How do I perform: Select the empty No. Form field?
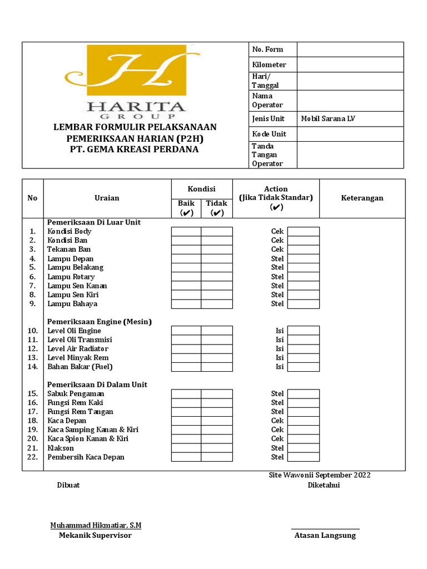tap(350, 49)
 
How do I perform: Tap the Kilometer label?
tap(269, 65)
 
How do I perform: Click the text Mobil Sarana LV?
tap(327, 119)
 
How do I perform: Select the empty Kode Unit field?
tap(350, 134)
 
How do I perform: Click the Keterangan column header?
tap(362, 198)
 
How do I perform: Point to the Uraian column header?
tap(107, 198)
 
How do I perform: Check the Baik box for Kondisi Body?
tap(186, 232)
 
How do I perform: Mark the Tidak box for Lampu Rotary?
tap(217, 277)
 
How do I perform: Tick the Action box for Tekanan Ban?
tap(303, 249)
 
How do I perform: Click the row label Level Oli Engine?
tap(74, 331)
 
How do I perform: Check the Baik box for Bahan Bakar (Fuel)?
tap(186, 367)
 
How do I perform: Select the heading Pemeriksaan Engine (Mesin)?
tap(100, 322)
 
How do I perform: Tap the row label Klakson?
tap(61, 448)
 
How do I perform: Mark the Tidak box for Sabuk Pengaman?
tap(217, 394)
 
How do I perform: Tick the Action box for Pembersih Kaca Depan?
tap(303, 457)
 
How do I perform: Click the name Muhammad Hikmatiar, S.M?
tap(96, 525)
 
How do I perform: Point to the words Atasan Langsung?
tap(325, 536)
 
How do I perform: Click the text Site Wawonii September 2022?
tap(319, 475)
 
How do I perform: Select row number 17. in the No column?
tap(32, 412)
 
